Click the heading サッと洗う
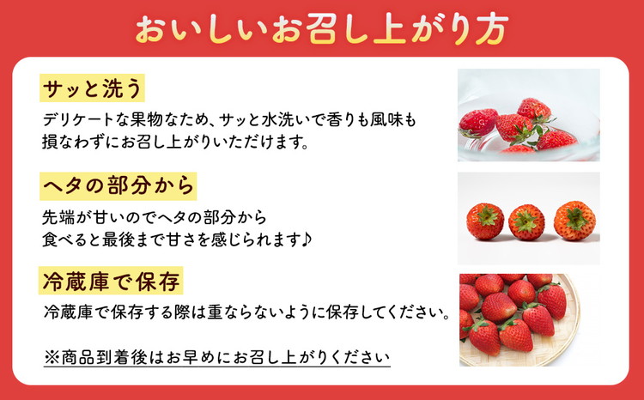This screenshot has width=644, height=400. (90, 88)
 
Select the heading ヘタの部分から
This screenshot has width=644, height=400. (118, 184)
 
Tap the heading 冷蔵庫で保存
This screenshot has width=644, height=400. (111, 280)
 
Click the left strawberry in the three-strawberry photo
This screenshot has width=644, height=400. (485, 221)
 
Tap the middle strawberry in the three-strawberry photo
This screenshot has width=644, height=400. (526, 221)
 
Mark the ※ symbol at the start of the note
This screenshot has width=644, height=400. (50, 354)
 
